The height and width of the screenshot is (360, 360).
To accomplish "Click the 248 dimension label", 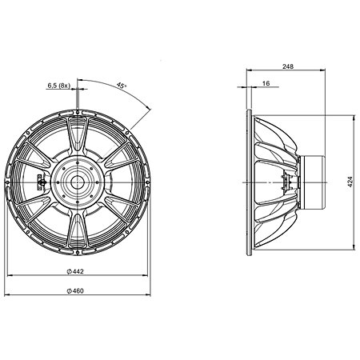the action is pos(288,66).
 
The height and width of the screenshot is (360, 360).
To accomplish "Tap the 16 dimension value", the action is pos(266,83).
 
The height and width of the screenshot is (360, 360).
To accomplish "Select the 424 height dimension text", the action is pos(350,182).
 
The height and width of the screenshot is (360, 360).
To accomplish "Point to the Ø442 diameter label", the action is pos(75,271).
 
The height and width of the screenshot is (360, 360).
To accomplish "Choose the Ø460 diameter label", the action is pos(75,290).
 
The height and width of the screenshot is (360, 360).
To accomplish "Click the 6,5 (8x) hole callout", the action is pos(58,86).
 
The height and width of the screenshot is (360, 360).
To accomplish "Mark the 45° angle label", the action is pos(122,86).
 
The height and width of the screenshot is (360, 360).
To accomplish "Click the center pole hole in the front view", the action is pos(78,182).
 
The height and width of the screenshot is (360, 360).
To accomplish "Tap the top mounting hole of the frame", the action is pos(78,112).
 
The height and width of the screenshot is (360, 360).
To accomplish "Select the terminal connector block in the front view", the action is pos(40,182).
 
